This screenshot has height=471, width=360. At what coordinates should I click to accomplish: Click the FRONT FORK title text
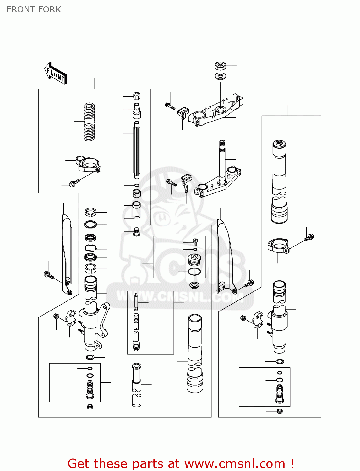34,9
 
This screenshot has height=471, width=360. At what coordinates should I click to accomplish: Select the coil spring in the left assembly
89,122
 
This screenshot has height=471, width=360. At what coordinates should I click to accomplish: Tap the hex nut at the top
221,66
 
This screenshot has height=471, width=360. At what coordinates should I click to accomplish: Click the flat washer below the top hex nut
221,76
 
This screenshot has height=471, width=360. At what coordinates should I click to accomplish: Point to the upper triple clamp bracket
217,111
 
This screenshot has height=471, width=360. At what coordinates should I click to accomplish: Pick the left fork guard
66,251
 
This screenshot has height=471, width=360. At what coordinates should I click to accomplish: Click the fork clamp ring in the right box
278,245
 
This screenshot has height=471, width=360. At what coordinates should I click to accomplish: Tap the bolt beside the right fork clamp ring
309,238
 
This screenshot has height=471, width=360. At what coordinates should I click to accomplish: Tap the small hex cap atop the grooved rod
137,96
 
